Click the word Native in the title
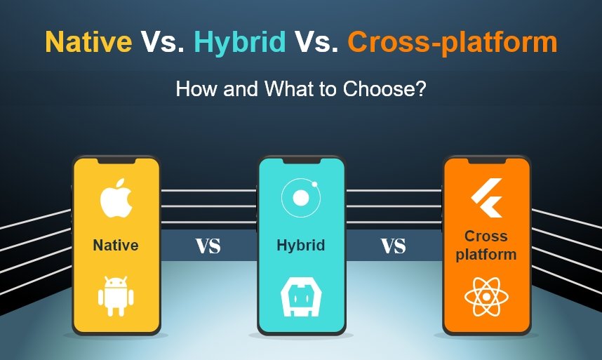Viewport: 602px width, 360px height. (x=88, y=43)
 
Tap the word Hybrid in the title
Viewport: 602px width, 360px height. (x=240, y=43)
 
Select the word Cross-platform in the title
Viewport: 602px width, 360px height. (x=453, y=43)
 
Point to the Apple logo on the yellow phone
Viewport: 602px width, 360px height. (x=116, y=199)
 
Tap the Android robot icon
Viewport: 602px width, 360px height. (x=116, y=294)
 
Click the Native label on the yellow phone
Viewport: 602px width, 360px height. (x=116, y=246)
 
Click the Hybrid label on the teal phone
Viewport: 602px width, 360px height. (x=300, y=246)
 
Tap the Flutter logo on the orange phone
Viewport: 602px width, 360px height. (x=486, y=199)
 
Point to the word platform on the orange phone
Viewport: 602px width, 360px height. (x=486, y=255)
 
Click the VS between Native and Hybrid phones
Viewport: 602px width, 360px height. (x=208, y=246)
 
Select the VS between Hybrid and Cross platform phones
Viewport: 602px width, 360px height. (x=394, y=246)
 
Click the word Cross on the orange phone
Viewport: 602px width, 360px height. (x=486, y=237)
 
